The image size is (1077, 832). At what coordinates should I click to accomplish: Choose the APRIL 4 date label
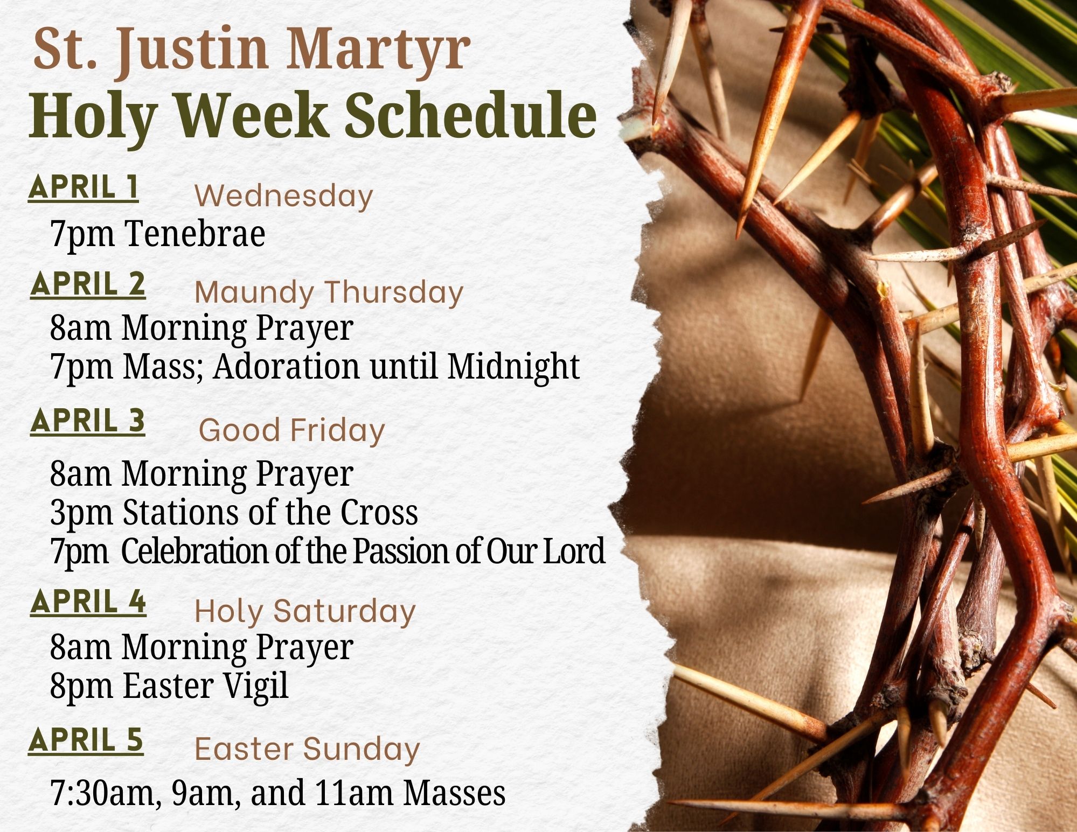tap(88, 602)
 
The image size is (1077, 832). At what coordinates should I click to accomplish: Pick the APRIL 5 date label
tap(86, 740)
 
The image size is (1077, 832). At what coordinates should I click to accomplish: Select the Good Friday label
tap(291, 430)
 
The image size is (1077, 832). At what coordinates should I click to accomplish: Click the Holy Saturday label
tap(305, 611)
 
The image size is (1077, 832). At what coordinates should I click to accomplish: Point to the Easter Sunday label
tap(307, 749)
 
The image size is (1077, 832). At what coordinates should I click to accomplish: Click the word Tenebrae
tap(195, 234)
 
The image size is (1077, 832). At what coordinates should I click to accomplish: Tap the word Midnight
tap(513, 367)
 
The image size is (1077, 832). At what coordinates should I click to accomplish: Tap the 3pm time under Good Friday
tap(81, 513)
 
